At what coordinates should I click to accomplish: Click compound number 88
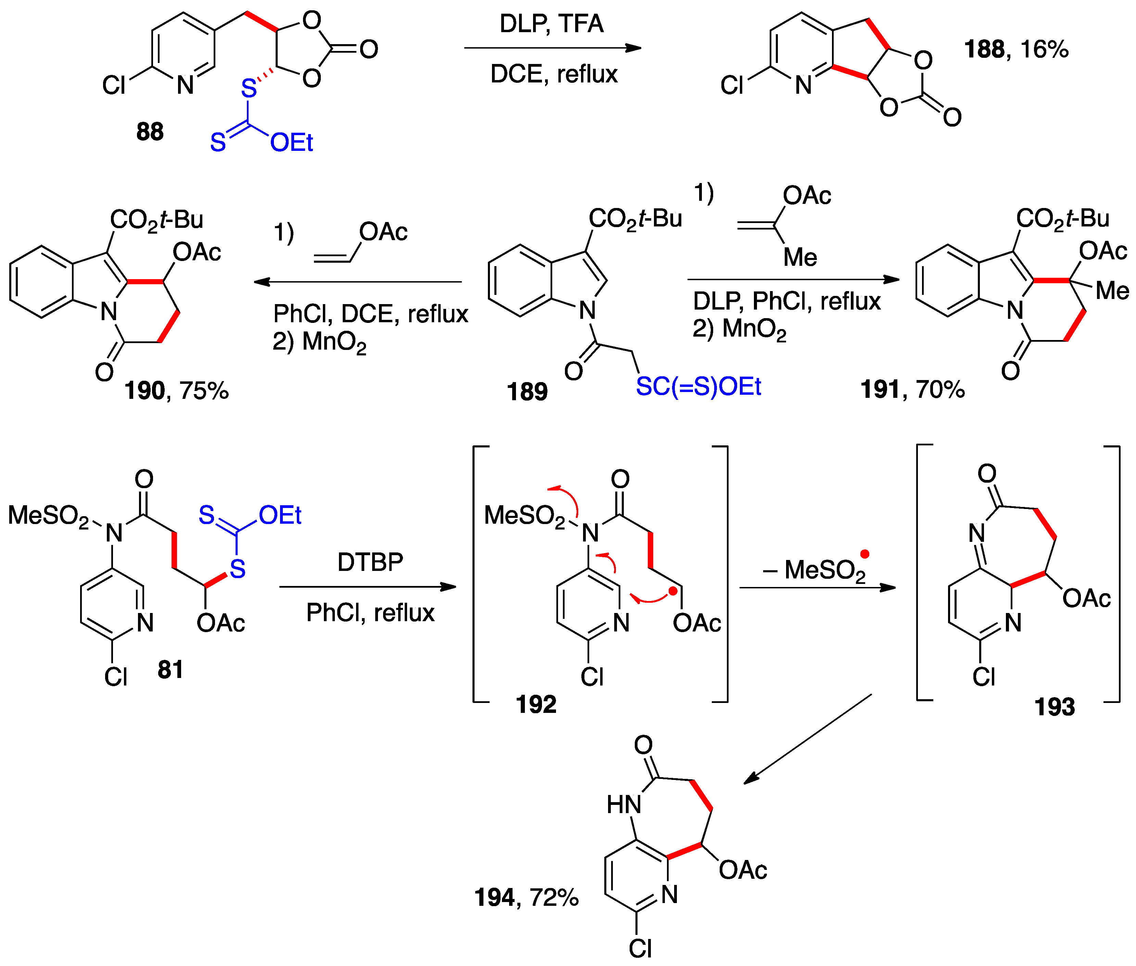point(150,132)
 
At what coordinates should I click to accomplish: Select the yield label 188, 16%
point(1015,49)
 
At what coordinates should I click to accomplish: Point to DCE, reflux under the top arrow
point(554,74)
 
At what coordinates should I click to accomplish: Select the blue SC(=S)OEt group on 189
point(698,387)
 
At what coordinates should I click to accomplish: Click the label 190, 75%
point(176,390)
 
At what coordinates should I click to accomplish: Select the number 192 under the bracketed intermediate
point(535,704)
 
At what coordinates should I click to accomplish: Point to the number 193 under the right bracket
point(1055,707)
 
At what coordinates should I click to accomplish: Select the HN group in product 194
point(623,805)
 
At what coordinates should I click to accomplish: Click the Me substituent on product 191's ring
point(1112,291)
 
